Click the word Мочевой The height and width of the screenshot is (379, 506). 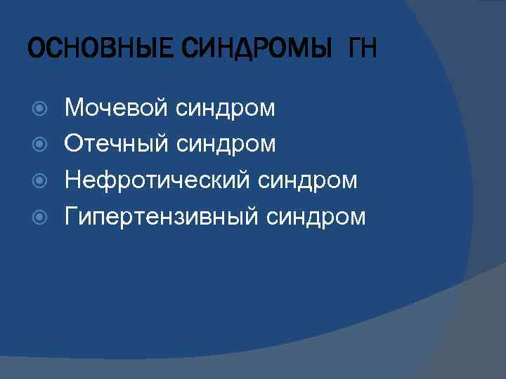click(116, 108)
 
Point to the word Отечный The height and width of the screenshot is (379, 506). click(116, 145)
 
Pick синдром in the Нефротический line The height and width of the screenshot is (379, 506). click(308, 181)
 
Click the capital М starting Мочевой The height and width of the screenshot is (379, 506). click(73, 108)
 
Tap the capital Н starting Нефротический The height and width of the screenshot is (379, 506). click(72, 181)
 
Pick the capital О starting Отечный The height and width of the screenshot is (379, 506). click(73, 145)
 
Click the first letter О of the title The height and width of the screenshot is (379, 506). click(34, 51)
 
